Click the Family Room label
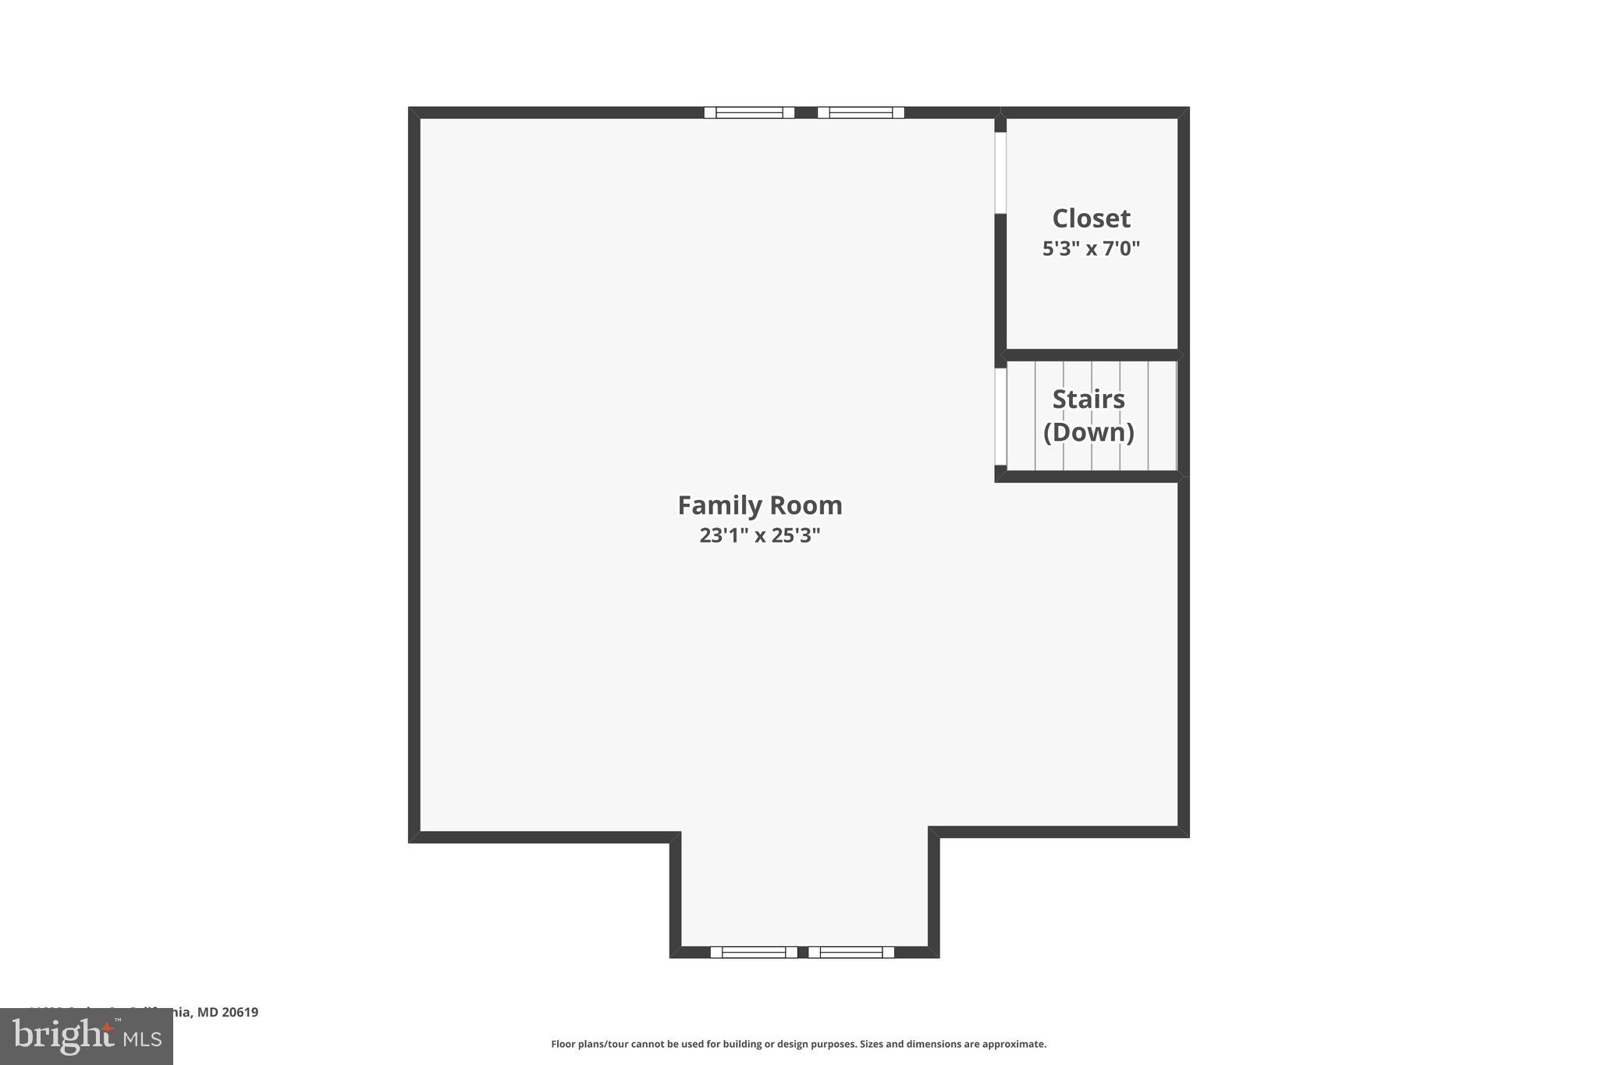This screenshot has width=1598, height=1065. [x=759, y=506]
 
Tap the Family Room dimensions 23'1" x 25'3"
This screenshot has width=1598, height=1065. [x=759, y=536]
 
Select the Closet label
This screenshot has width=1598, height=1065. [x=1091, y=218]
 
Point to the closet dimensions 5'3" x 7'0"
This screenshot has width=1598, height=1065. [x=1091, y=249]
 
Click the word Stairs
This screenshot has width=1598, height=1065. [x=1088, y=399]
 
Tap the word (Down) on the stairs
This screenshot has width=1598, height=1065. [x=1088, y=432]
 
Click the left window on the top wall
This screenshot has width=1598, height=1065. [x=749, y=112]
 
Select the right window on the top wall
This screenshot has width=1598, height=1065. [x=861, y=112]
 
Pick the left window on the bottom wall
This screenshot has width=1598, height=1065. [x=754, y=952]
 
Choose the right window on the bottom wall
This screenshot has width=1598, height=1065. [x=850, y=952]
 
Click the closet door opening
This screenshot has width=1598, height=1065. [x=1000, y=172]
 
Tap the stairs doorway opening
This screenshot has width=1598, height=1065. [x=1000, y=417]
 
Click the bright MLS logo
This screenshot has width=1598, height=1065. [x=86, y=1037]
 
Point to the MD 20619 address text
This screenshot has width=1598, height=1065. [x=227, y=1012]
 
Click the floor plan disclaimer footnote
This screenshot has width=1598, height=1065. [x=798, y=1044]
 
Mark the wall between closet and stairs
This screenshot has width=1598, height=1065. [x=1091, y=355]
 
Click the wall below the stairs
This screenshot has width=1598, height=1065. [x=1088, y=477]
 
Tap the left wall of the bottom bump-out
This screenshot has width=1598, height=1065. [x=676, y=893]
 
